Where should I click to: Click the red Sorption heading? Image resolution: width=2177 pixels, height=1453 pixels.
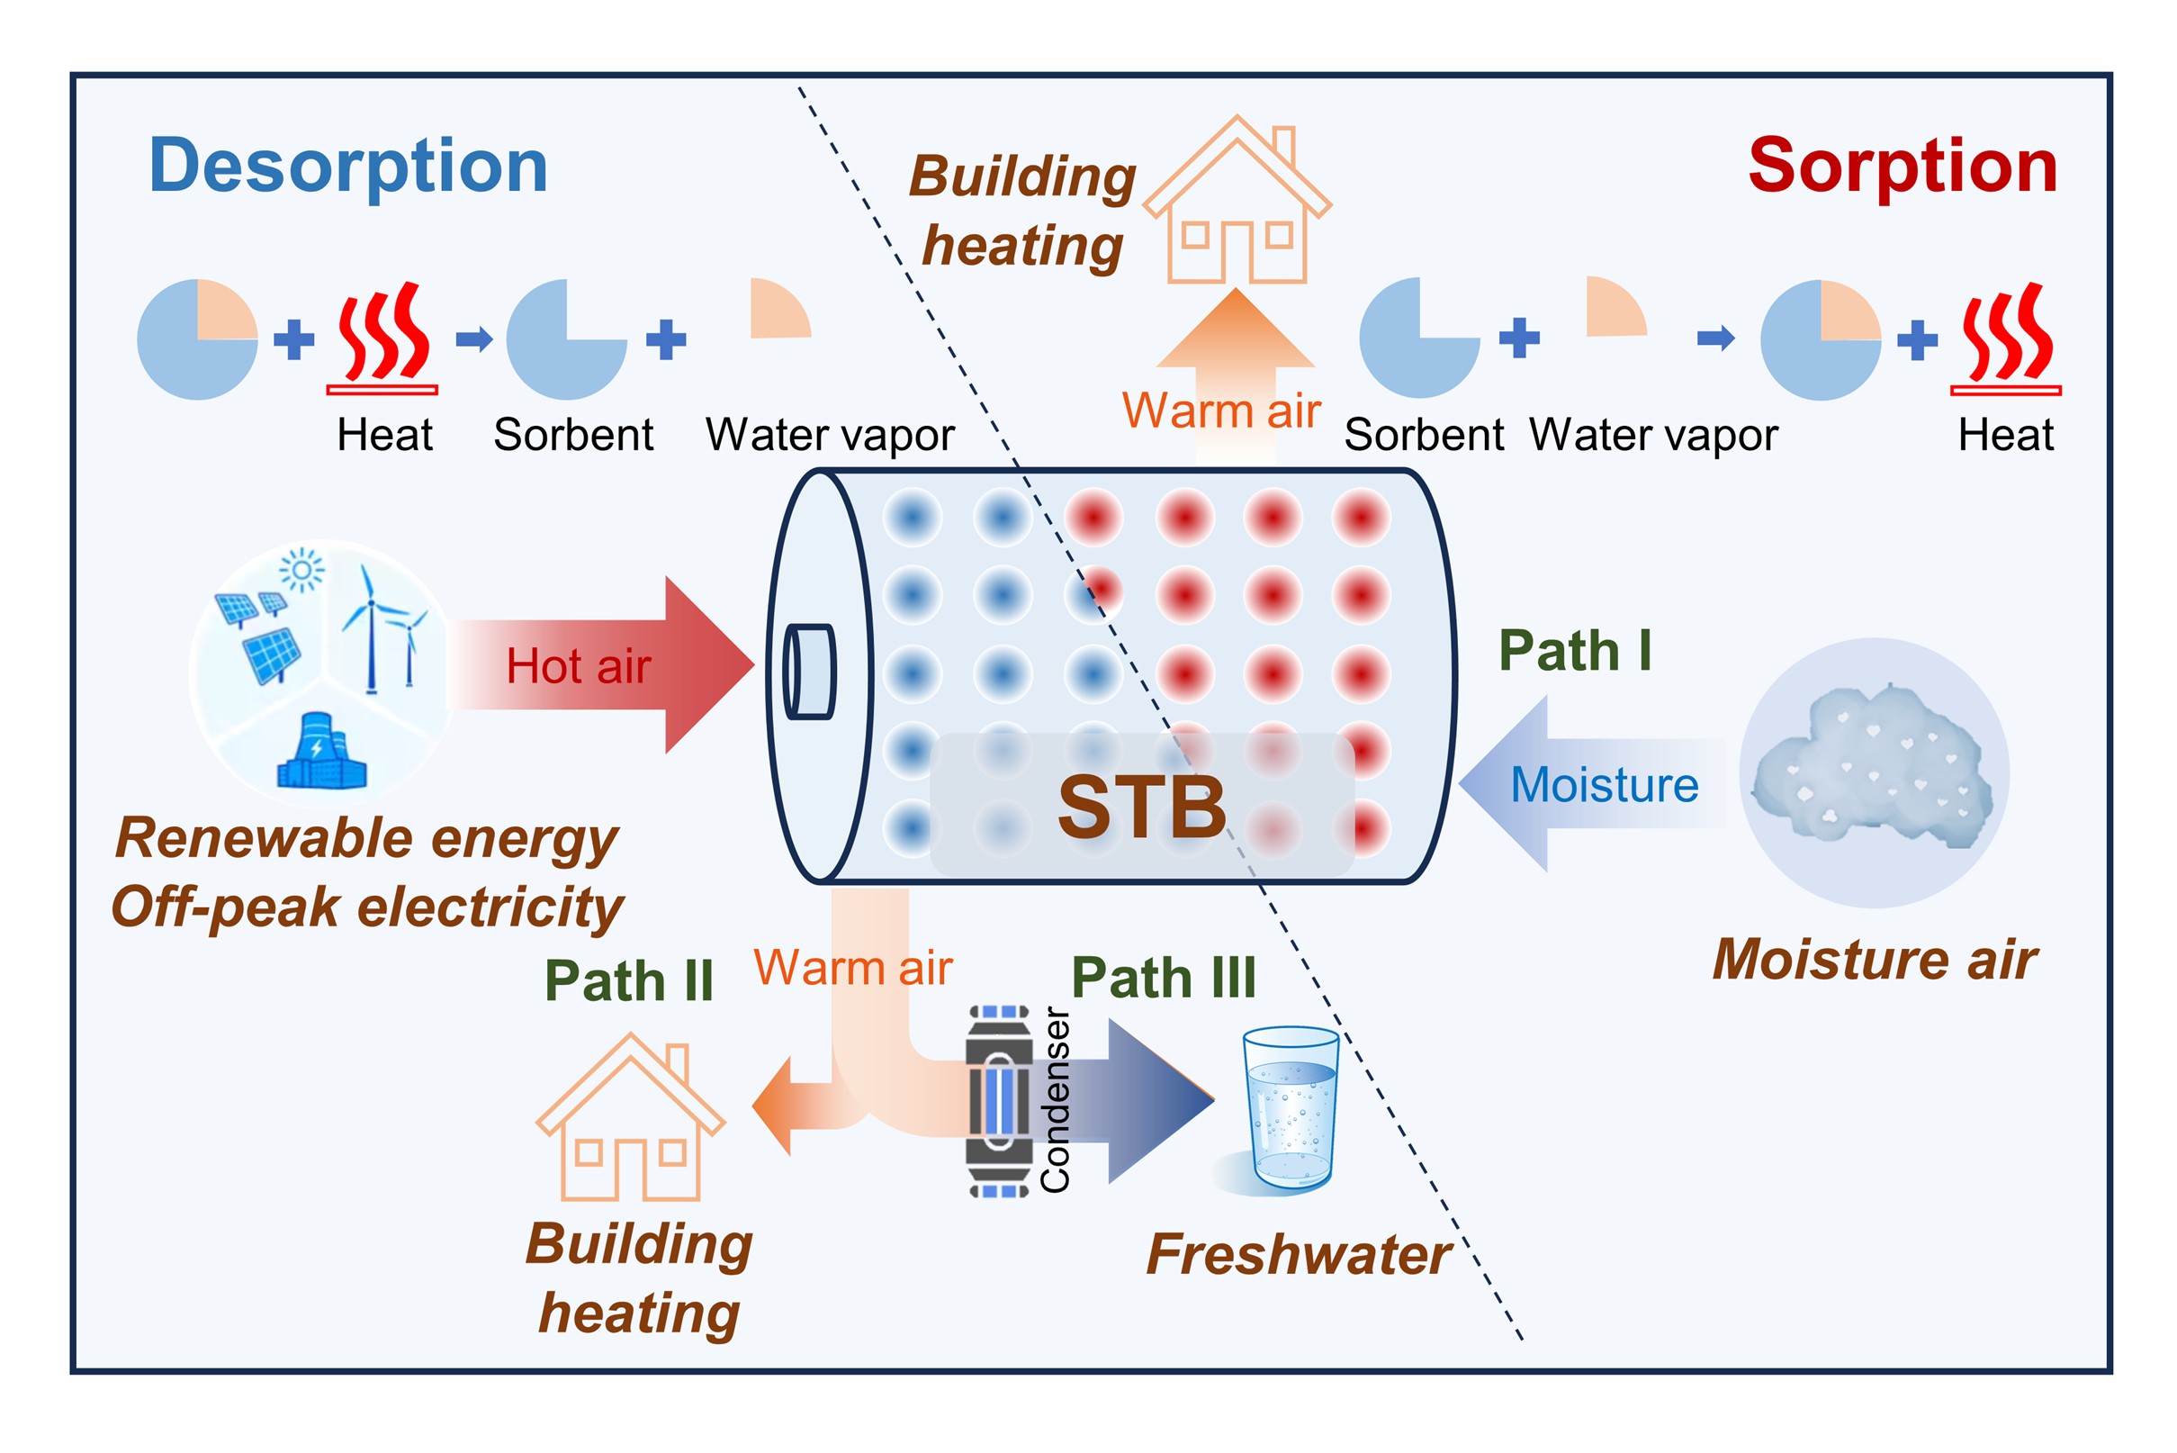(1902, 166)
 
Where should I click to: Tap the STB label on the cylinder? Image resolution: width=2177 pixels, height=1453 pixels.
(1141, 807)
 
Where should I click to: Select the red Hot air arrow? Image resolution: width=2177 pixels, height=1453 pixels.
(602, 664)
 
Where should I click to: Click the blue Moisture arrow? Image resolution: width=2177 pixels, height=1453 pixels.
(1594, 784)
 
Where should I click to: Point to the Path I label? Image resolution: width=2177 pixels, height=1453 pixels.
(1575, 651)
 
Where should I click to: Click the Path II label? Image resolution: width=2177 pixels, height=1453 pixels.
(628, 980)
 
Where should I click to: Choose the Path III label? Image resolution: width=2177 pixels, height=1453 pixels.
(1164, 977)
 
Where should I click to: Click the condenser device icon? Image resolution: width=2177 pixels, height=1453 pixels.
(999, 1101)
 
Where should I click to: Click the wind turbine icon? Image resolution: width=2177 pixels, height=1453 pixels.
(380, 630)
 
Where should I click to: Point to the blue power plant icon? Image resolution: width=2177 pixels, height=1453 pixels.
(321, 753)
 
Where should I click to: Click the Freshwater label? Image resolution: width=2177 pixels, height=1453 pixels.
(1298, 1255)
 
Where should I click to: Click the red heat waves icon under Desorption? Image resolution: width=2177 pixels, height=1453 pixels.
(382, 336)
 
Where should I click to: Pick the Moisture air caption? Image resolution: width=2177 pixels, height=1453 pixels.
(1875, 959)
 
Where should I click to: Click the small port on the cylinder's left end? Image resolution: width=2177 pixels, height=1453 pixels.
(810, 672)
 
